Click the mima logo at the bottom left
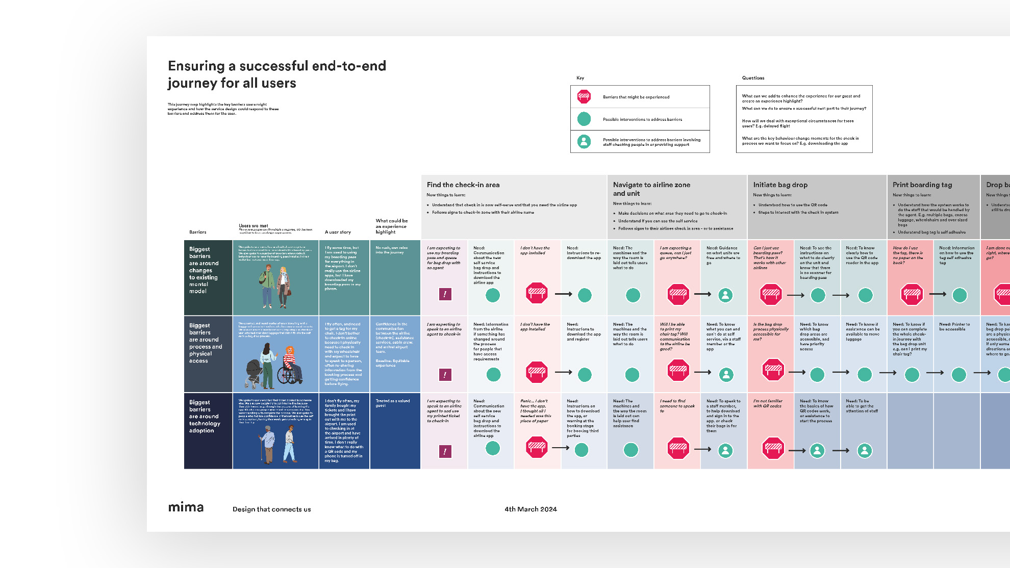[186, 507]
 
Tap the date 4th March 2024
[531, 509]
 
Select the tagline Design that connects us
[271, 509]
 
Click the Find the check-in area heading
[463, 185]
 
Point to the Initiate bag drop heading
[780, 185]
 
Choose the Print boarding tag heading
[922, 185]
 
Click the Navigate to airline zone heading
[651, 189]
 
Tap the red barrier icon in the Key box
[584, 96]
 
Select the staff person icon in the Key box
[584, 141]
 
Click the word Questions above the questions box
[753, 78]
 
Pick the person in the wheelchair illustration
[289, 365]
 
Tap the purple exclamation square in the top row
[445, 294]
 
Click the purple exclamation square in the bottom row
[445, 451]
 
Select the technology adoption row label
[204, 416]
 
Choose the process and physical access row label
[205, 343]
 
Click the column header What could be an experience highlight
[391, 226]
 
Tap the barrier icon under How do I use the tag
[912, 294]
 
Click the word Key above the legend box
[580, 78]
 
